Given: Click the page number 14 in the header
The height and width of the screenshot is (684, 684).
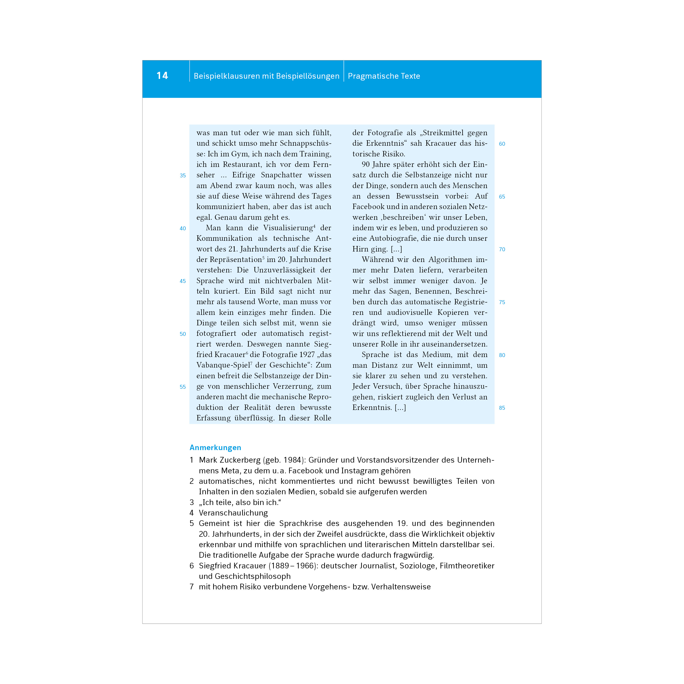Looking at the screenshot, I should pos(162,76).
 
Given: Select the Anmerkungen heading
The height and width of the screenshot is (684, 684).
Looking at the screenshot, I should pos(215,448).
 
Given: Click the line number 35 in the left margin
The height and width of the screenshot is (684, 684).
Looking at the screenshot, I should pos(183,176).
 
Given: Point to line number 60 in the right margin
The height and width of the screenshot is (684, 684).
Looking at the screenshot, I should pos(502,144).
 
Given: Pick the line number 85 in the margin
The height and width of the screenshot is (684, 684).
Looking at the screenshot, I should pos(502,408).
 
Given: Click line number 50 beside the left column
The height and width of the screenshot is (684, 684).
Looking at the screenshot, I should pos(183,334).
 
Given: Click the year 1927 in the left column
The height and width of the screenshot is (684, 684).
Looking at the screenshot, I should pos(307,354).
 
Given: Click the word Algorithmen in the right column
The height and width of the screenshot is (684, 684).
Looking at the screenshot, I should pos(450,259).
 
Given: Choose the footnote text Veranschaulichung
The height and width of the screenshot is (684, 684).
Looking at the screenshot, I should pos(233,513).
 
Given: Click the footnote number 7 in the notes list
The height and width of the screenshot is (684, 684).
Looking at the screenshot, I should pos(192,587).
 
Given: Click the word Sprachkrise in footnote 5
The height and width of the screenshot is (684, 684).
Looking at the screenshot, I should pos(301,523).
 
